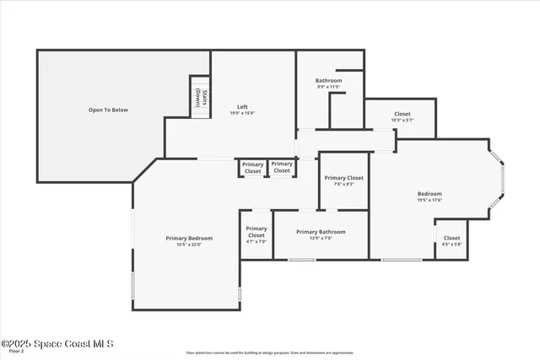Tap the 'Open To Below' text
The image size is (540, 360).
108,110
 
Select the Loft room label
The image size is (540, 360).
242,106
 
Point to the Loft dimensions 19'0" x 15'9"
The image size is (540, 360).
242,113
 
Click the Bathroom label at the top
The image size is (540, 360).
328,80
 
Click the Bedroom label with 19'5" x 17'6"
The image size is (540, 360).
429,193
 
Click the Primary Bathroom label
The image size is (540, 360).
320,231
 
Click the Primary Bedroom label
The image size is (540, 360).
189,238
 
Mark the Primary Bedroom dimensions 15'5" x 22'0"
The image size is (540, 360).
189,244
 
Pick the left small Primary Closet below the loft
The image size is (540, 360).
252,167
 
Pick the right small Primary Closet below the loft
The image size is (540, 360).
282,167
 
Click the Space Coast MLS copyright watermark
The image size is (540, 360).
57,343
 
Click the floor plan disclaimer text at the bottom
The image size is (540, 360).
269,352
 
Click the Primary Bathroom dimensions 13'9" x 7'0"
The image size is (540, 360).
320,238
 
